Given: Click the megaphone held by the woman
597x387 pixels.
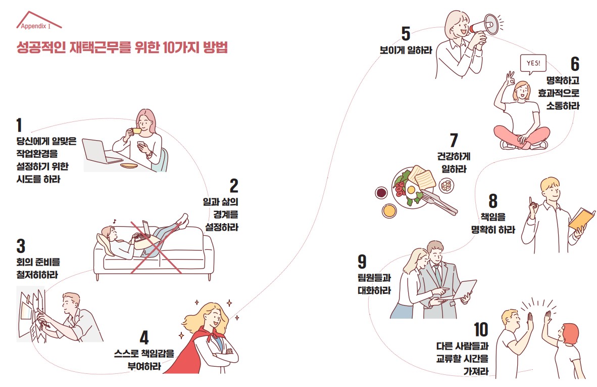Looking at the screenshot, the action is click(483, 25).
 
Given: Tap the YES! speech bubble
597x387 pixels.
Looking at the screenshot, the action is click(533, 63).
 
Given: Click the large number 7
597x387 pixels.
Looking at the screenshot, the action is click(454, 140).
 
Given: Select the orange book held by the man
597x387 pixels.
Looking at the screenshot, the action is click(581, 219).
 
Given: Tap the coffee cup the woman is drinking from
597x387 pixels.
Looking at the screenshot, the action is click(136, 131).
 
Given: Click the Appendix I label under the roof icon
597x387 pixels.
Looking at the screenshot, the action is click(35, 26).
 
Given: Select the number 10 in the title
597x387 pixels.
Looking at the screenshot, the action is click(168, 47).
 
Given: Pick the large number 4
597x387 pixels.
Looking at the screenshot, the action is click(144, 337).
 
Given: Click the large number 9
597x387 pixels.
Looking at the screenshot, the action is click(362, 262).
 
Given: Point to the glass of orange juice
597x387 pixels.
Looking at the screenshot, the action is click(389, 210).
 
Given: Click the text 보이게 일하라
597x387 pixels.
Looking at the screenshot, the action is click(406, 50).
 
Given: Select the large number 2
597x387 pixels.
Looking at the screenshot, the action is click(234, 186).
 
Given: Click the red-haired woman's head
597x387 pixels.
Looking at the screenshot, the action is click(569, 334).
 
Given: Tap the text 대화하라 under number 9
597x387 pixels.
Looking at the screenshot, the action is click(374, 290).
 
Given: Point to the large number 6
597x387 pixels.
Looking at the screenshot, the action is click(575, 64).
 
